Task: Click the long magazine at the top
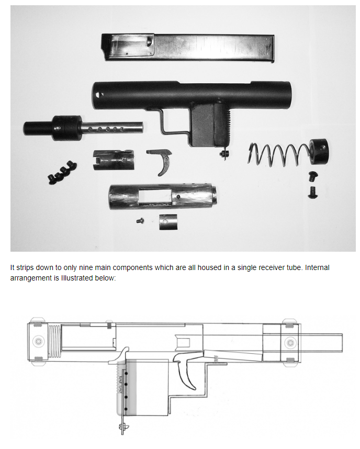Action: (188, 48)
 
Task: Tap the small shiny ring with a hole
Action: (168, 222)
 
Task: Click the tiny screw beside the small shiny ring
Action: (140, 221)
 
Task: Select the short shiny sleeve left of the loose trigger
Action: (114, 160)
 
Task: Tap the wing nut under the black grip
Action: (224, 154)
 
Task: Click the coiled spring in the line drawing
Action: (54, 342)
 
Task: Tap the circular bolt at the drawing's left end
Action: (38, 341)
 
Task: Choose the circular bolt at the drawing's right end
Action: (290, 343)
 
